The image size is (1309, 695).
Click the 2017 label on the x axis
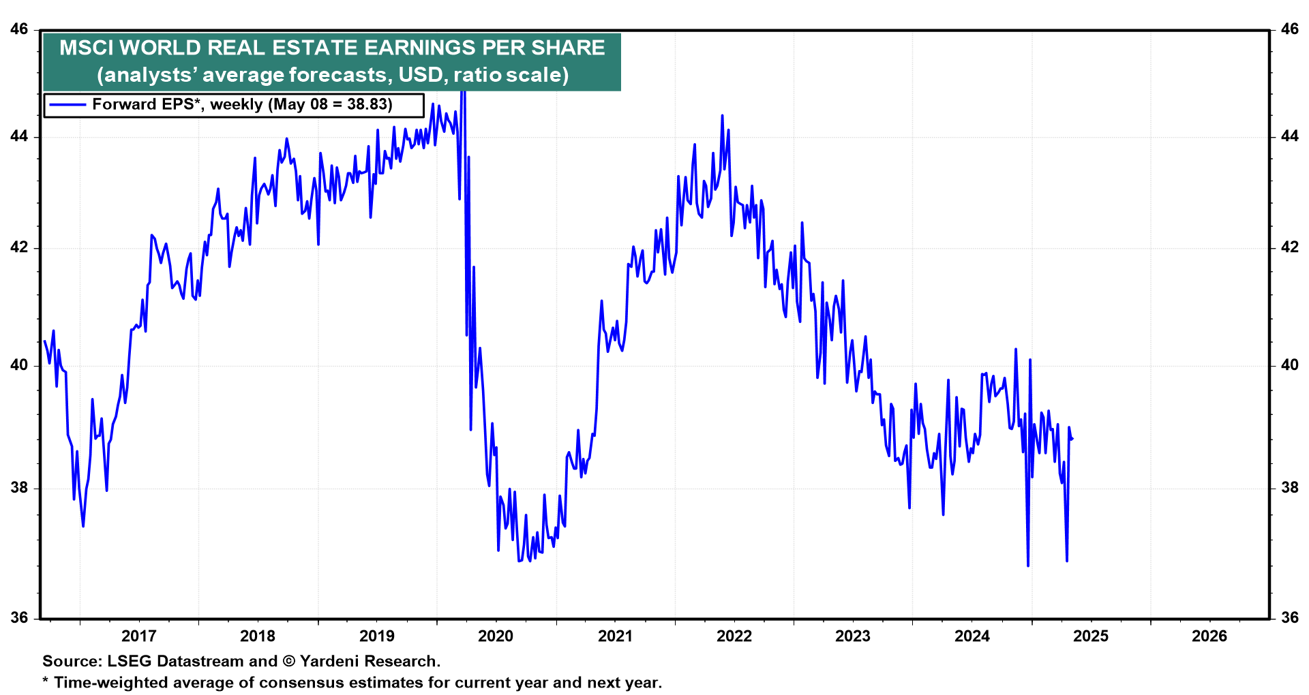click(138, 636)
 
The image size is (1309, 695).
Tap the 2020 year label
click(496, 636)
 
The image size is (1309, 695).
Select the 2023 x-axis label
click(853, 636)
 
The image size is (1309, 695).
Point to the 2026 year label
click(1209, 636)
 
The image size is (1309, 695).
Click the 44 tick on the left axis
click(19, 136)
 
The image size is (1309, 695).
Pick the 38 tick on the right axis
click(1289, 488)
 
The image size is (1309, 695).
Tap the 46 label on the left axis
click(19, 29)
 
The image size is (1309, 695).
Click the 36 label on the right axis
click(1289, 618)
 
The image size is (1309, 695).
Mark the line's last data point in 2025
click(1072, 439)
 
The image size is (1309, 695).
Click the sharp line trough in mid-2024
click(1028, 566)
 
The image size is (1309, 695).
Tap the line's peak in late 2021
click(722, 116)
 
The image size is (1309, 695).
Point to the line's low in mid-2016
click(83, 526)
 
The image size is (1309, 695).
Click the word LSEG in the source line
click(129, 661)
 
